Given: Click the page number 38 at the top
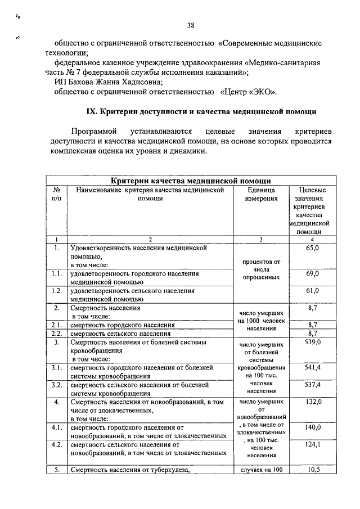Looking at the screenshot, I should point(190,25).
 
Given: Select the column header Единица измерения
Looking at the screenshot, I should point(260,195).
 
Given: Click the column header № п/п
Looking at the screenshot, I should point(56,195).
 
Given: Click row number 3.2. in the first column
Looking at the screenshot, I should point(56,385).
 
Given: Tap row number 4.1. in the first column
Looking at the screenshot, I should point(56,428).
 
